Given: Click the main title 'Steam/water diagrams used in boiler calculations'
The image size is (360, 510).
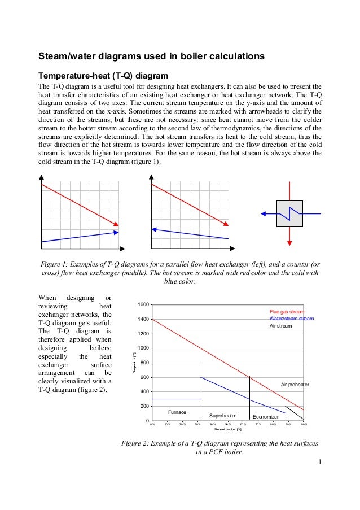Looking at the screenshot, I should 151,57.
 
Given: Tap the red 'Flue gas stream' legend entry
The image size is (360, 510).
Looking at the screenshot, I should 287,311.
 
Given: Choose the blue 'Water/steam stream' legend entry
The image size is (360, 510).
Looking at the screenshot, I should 291,319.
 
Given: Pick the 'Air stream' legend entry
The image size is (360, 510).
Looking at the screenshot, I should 280,326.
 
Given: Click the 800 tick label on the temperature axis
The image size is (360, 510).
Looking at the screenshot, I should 144,363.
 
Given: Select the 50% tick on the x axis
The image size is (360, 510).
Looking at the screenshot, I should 228,424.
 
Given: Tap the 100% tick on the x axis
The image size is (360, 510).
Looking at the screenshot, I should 303,424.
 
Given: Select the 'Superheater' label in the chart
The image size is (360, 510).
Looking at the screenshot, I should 222,415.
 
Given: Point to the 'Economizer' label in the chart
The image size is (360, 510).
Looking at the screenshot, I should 265,416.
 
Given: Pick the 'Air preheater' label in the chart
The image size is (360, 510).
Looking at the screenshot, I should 295,385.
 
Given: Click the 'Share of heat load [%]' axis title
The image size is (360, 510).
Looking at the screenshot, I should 227,430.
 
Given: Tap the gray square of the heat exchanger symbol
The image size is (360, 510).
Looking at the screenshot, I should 289,213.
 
